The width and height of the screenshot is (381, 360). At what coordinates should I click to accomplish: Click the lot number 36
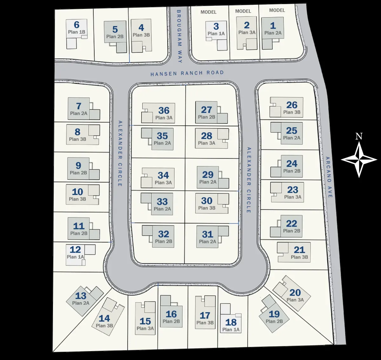pyautogui.click(x=164, y=110)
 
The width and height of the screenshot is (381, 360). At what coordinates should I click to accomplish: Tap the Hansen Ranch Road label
pyautogui.click(x=187, y=73)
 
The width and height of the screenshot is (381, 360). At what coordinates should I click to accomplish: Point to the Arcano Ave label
pyautogui.click(x=329, y=177)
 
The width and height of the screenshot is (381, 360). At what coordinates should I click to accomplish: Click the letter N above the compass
pyautogui.click(x=359, y=136)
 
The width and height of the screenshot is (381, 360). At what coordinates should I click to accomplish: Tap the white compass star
pyautogui.click(x=359, y=160)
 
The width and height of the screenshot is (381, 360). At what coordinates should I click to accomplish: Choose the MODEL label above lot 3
pyautogui.click(x=209, y=12)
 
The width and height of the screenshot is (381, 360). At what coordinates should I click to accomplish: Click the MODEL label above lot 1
pyautogui.click(x=277, y=10)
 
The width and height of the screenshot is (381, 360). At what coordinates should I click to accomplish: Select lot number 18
pyautogui.click(x=231, y=322)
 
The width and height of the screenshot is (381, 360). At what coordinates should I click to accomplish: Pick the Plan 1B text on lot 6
pyautogui.click(x=77, y=32)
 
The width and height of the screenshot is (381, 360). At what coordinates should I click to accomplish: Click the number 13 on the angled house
pyautogui.click(x=81, y=296)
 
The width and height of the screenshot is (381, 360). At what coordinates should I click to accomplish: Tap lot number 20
pyautogui.click(x=295, y=292)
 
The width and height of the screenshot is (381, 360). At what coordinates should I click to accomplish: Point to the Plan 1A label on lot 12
pyautogui.click(x=75, y=257)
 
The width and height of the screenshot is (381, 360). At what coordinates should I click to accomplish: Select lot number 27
pyautogui.click(x=206, y=110)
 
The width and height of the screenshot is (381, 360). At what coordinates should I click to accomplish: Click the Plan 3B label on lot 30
pyautogui.click(x=207, y=208)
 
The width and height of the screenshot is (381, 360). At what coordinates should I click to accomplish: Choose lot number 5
pyautogui.click(x=115, y=29)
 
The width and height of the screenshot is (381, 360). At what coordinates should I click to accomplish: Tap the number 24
pyautogui.click(x=292, y=164)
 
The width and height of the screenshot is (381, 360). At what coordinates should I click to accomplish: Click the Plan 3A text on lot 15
pyautogui.click(x=145, y=328)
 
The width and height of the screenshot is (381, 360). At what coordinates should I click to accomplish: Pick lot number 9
pyautogui.click(x=78, y=166)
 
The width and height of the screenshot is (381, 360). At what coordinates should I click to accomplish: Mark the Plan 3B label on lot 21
pyautogui.click(x=299, y=257)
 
